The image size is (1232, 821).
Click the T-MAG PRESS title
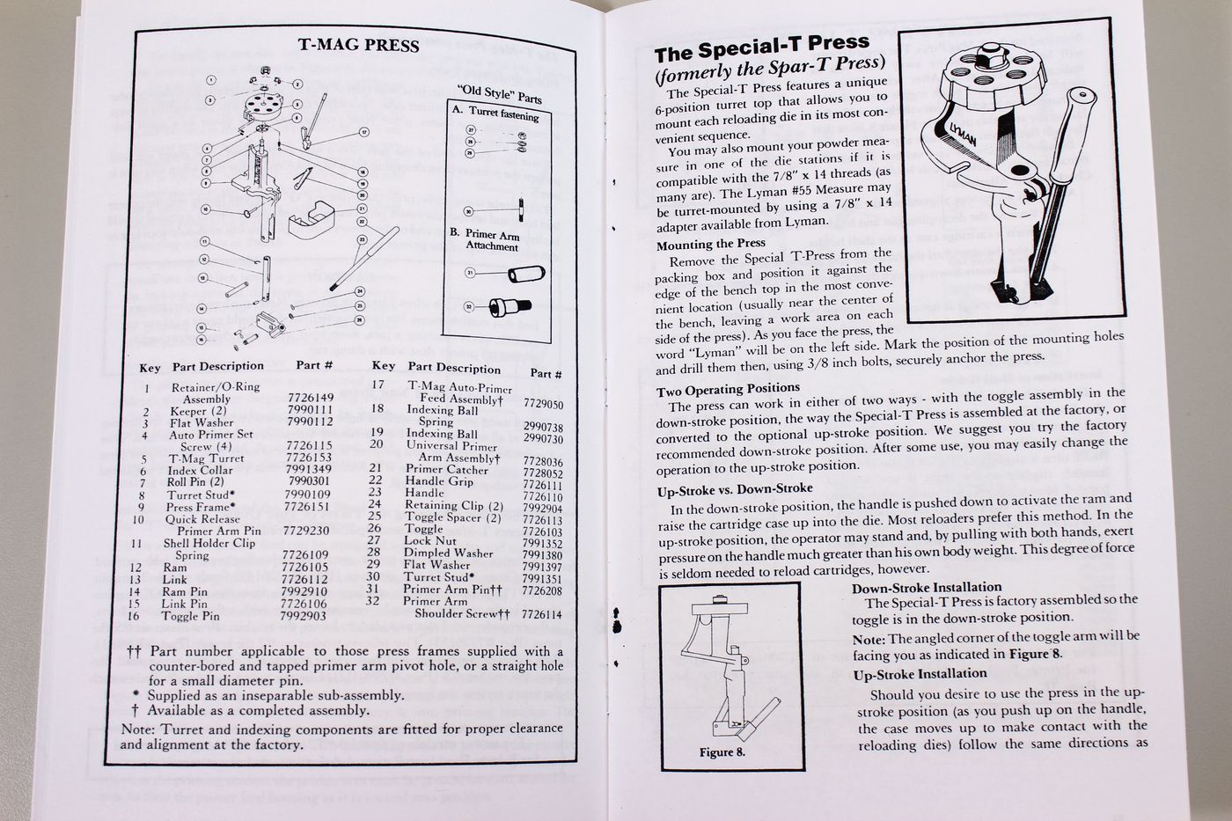tap(358, 46)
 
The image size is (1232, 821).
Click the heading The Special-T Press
tap(761, 44)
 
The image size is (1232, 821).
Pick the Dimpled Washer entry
tap(448, 553)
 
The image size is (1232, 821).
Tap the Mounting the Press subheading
tap(710, 244)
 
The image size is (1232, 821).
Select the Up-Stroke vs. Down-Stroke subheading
tap(735, 489)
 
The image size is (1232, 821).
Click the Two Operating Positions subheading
tap(728, 388)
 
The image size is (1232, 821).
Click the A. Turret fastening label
tap(495, 114)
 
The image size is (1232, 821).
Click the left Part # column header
tap(314, 365)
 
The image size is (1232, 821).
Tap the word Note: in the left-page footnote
tap(136, 729)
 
